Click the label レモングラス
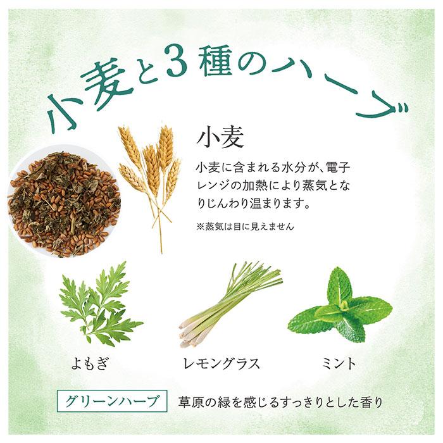pyautogui.click(x=220, y=363)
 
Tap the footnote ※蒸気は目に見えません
pyautogui.click(x=245, y=226)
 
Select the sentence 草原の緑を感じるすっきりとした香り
pyautogui.click(x=281, y=401)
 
